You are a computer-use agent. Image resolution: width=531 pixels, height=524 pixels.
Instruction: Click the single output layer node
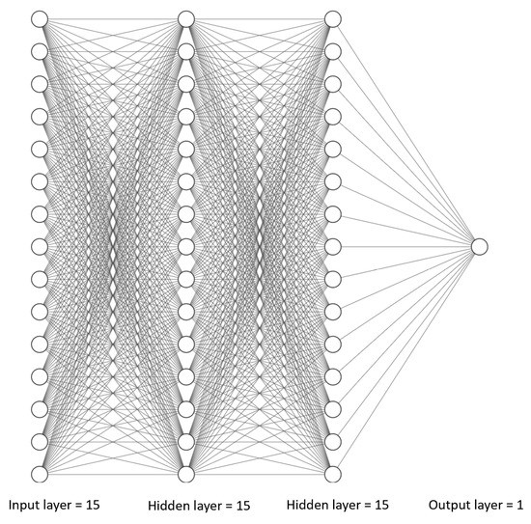pos(480,246)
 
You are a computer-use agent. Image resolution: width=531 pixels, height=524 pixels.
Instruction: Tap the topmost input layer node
pos(40,18)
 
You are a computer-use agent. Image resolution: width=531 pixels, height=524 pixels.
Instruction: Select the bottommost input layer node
pos(40,474)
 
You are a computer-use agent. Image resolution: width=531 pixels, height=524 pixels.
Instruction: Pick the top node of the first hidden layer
pos(186,18)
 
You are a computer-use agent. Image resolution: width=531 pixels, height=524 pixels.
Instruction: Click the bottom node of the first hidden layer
pos(186,474)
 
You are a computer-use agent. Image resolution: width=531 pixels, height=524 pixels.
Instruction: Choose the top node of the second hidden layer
pos(333,18)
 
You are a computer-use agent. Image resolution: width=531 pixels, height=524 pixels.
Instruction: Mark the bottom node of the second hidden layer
pos(333,474)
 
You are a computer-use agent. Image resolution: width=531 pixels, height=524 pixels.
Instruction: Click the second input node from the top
pos(40,51)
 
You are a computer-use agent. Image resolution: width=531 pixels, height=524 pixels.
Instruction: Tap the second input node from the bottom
pos(40,441)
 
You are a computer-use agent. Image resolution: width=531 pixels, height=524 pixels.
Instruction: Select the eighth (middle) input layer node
pos(40,246)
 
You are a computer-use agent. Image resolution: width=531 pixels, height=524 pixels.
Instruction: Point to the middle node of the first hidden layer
pos(186,246)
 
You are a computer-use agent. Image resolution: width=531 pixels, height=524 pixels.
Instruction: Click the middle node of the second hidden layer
pos(333,246)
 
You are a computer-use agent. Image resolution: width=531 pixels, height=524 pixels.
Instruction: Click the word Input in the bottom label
pos(25,505)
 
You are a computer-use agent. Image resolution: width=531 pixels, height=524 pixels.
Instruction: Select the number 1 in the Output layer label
pos(521,505)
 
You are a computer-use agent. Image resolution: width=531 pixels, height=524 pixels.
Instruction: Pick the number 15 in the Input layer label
pos(92,505)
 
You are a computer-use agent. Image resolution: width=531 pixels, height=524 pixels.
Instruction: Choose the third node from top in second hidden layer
pos(333,84)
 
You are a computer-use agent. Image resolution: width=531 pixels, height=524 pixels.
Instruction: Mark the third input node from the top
pos(40,84)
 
